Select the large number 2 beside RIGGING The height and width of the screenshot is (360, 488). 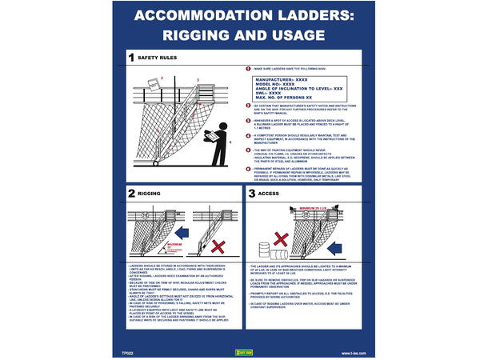(132, 193)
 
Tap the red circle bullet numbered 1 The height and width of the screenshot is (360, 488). (248, 70)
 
